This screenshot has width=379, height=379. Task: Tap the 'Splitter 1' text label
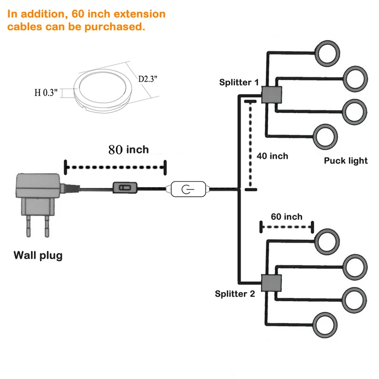click(x=239, y=82)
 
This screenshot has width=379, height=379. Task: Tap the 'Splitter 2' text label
click(x=235, y=294)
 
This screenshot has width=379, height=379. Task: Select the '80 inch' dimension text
click(x=128, y=150)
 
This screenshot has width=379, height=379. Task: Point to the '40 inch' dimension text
click(x=272, y=156)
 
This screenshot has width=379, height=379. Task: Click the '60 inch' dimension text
click(x=287, y=217)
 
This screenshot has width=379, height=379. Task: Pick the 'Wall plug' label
click(x=38, y=256)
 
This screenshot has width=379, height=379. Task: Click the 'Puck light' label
click(x=346, y=161)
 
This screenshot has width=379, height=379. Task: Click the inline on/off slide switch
click(x=124, y=188)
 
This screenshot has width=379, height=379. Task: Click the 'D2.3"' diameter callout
click(x=148, y=79)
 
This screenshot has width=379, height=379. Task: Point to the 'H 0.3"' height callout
click(x=46, y=93)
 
